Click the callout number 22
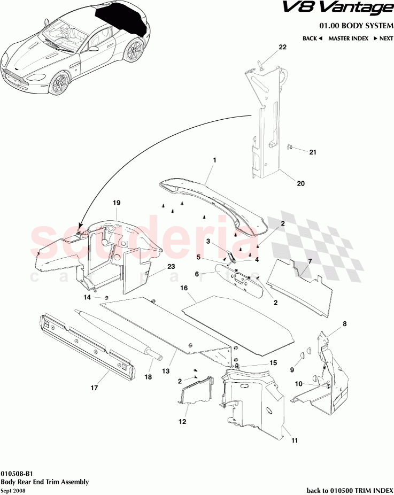[x=282, y=47]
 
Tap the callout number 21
[x=313, y=152]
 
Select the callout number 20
[x=300, y=183]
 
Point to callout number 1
[x=214, y=160]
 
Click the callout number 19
[x=117, y=203]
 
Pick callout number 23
[x=171, y=266]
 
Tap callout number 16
[x=183, y=288]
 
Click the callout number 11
[x=294, y=440]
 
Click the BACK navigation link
[x=312, y=38]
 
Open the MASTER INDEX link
[x=348, y=38]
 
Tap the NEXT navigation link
[x=383, y=38]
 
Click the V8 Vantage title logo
[x=352, y=9]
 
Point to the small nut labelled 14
[x=106, y=297]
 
